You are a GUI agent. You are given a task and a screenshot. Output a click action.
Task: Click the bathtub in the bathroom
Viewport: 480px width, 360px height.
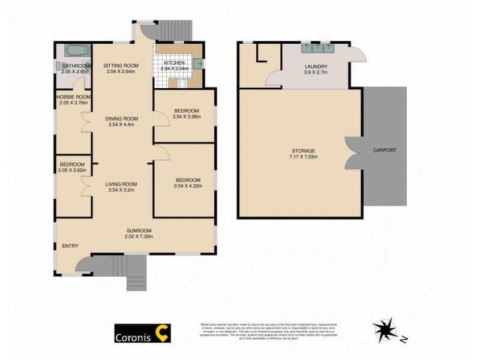[77, 51]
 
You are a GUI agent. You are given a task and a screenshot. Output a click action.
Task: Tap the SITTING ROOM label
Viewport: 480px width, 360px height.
[121, 65]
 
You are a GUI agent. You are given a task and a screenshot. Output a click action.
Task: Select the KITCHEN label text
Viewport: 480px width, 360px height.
[175, 62]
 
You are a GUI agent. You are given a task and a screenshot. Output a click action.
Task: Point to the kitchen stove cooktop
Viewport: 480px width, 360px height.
[182, 83]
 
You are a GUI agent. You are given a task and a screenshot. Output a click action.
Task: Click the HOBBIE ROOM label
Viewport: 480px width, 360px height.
[73, 97]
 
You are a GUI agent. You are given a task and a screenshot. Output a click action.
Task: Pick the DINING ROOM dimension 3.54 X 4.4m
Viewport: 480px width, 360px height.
[121, 125]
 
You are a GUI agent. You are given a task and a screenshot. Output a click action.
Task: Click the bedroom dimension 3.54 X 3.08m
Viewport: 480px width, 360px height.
[186, 117]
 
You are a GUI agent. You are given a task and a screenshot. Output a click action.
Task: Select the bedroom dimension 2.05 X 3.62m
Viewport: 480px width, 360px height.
[72, 170]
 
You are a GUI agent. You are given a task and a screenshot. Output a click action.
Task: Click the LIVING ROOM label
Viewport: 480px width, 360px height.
[121, 184]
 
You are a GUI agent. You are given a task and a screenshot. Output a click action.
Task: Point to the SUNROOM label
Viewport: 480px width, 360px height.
[139, 230]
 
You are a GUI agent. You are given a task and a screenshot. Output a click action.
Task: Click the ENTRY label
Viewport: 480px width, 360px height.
[70, 246]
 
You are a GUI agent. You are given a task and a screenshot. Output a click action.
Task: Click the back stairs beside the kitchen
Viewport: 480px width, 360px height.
[175, 29]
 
